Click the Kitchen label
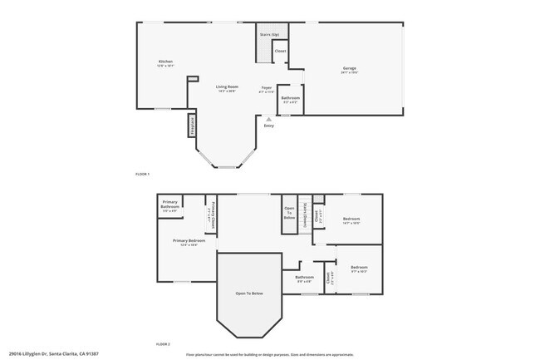point(165,62)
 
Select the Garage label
point(349,68)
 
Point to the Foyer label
point(267,86)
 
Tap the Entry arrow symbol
point(268,119)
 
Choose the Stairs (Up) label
point(268,35)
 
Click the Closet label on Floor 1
point(280,52)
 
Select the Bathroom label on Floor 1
point(290,98)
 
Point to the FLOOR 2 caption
point(163,343)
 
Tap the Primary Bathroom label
point(170,204)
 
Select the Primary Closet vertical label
point(214,214)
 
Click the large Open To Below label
point(249,293)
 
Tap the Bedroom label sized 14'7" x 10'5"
point(351,219)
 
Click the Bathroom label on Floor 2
point(304,277)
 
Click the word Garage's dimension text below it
point(349,72)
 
